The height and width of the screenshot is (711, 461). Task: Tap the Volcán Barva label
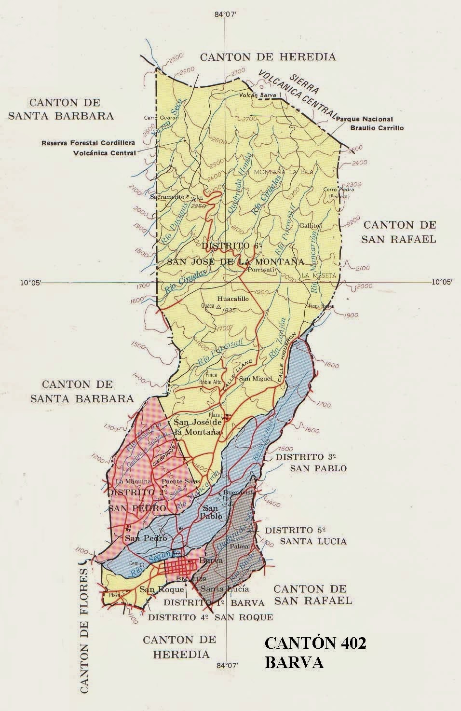point(258,96)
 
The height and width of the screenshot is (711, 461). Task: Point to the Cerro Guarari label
point(158,118)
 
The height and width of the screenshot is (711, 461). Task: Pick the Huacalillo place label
point(233,299)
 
